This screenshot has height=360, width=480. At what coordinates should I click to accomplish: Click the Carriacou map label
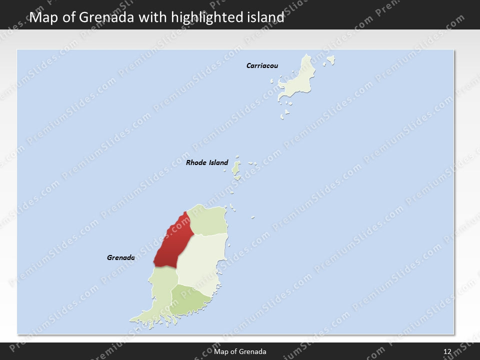click(262, 65)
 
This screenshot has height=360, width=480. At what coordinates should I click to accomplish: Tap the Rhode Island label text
click(206, 162)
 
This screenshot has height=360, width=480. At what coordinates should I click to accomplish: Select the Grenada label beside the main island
click(120, 258)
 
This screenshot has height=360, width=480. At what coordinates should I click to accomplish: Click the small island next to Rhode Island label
click(236, 168)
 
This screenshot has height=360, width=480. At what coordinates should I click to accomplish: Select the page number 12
click(447, 352)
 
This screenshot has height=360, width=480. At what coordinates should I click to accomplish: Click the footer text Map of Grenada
click(240, 352)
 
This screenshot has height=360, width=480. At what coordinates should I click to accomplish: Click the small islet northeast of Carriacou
click(330, 60)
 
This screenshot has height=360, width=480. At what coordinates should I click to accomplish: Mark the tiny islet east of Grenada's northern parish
click(252, 217)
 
